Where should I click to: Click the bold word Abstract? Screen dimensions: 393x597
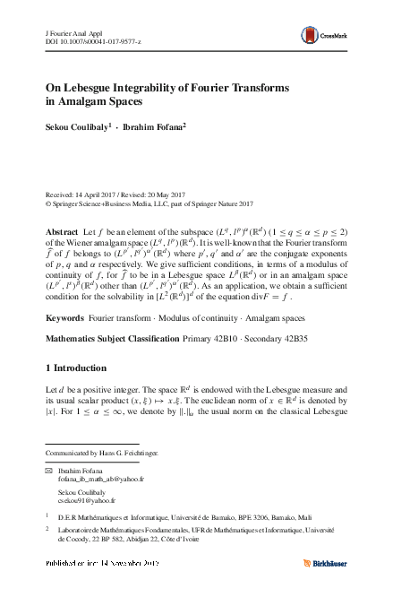[x=62, y=231]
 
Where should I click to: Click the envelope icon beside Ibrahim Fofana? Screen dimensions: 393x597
[x=49, y=471]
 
